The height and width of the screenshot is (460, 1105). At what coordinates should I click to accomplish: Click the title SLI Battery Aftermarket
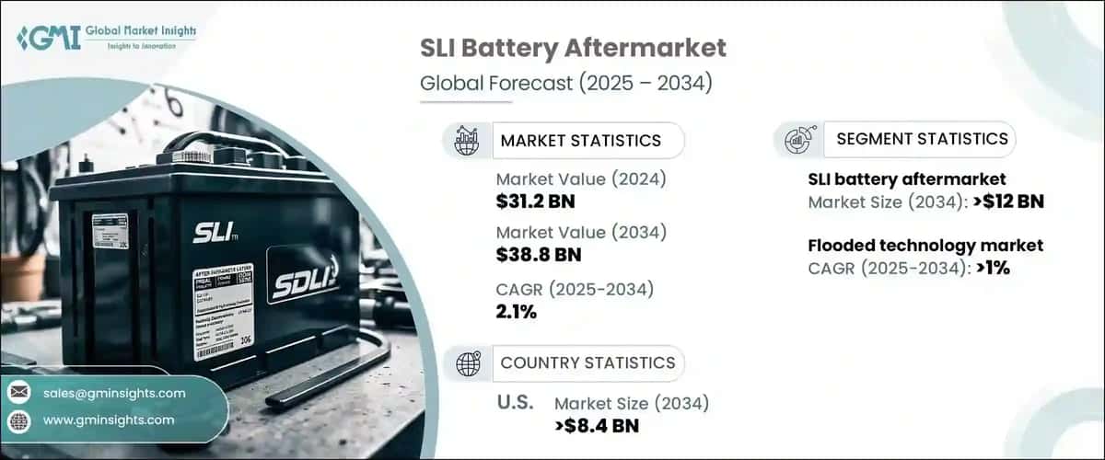573,48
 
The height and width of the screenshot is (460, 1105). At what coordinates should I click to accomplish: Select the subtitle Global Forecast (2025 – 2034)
565,83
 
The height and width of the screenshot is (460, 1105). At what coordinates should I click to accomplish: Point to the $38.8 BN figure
538,253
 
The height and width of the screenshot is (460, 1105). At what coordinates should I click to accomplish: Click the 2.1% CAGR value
517,311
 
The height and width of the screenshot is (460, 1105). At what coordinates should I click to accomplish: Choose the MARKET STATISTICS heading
580,141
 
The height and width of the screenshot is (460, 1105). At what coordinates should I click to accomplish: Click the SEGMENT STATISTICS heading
922,139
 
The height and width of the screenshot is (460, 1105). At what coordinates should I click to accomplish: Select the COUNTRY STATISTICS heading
587,362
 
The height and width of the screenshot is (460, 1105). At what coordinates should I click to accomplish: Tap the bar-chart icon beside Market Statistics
467,141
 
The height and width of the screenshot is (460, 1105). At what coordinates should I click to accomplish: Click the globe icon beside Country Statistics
468,363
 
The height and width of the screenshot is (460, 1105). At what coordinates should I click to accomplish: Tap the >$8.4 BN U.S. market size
597,425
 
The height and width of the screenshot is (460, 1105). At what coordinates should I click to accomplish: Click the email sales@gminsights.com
114,393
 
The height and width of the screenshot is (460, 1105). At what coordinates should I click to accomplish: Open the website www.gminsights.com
108,420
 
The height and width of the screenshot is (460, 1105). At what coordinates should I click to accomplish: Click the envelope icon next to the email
19,393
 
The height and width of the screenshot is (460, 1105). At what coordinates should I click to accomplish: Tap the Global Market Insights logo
106,38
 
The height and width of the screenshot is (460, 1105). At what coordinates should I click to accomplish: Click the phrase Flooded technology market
925,246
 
